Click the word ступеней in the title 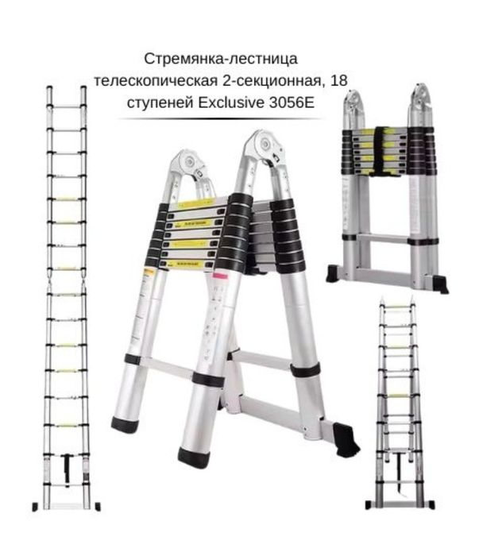click(164, 102)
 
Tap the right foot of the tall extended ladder click(96, 506)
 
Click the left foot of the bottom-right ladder click(369, 504)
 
